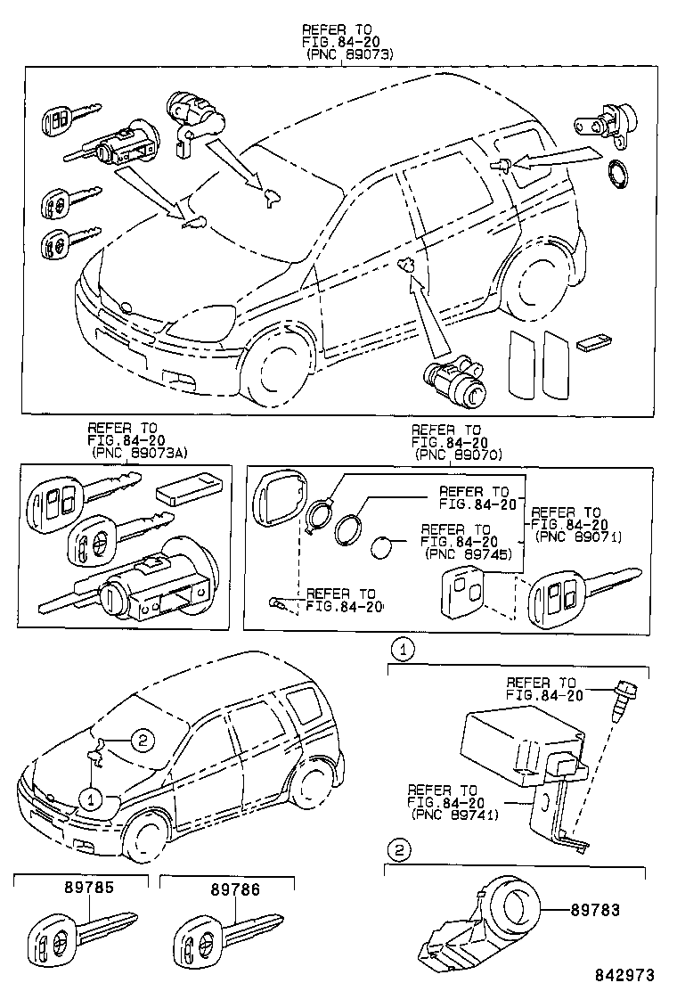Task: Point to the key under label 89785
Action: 80,937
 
